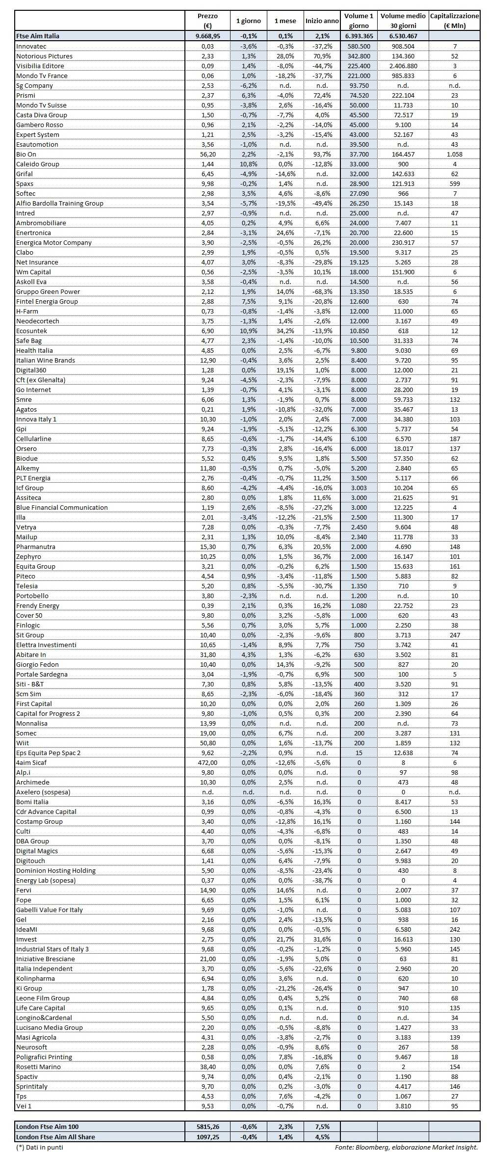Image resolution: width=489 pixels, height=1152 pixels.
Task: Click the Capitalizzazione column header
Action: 454,21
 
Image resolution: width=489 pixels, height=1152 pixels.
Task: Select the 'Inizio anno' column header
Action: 322,21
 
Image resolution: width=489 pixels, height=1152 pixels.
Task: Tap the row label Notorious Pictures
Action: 44,56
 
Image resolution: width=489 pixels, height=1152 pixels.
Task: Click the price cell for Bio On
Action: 207,154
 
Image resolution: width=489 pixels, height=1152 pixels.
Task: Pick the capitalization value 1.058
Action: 454,154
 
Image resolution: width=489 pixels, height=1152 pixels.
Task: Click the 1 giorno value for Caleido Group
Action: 248,164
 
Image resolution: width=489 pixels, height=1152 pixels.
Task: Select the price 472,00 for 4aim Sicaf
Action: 207,762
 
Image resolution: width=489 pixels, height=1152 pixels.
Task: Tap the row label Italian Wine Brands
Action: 46,360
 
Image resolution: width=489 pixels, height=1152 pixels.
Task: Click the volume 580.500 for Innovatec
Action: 359,46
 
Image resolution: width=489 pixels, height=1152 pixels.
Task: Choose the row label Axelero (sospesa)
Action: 43,792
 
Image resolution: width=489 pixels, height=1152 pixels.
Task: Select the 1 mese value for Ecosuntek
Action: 285,331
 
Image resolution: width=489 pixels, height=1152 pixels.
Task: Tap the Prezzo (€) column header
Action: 207,21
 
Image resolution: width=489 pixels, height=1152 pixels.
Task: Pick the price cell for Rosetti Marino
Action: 207,1067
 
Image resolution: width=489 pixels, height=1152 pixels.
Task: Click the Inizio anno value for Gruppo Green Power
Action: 322,291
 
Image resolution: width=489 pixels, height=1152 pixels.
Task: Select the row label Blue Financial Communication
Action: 62,507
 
